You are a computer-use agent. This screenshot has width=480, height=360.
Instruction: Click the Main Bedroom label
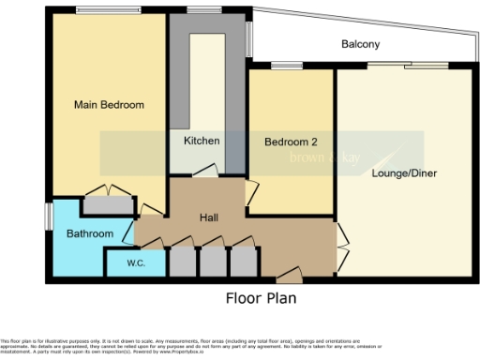click(109, 105)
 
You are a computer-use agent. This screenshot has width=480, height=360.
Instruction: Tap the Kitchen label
click(202, 142)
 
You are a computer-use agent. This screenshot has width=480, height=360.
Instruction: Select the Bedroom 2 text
click(290, 142)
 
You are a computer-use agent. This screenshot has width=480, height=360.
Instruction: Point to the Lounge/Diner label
click(404, 173)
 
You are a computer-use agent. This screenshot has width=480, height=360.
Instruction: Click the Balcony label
click(360, 44)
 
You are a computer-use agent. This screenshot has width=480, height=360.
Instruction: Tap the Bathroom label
click(89, 233)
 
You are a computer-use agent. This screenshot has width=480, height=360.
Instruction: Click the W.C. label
click(135, 264)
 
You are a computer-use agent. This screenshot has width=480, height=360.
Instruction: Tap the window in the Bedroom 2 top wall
click(280, 67)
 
